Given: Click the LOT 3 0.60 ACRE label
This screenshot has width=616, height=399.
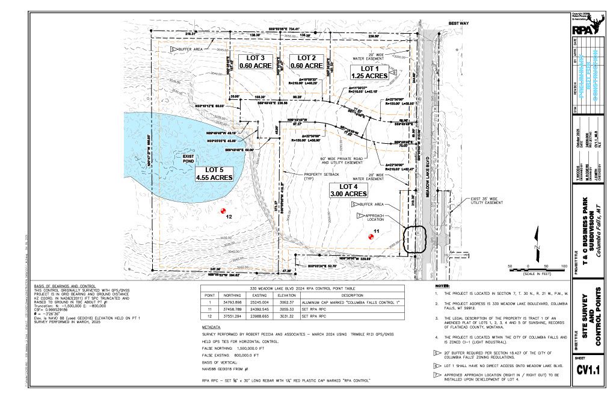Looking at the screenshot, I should click(x=256, y=61).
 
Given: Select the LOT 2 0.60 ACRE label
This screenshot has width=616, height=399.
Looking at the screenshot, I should click(x=306, y=61).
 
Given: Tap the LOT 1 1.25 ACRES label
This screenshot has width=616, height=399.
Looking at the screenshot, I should click(x=369, y=72).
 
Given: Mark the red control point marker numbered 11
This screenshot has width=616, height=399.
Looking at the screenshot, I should click(x=371, y=237).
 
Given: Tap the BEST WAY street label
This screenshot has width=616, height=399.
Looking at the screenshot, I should click(x=458, y=23).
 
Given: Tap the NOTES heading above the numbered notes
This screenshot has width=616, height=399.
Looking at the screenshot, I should click(x=443, y=285).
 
